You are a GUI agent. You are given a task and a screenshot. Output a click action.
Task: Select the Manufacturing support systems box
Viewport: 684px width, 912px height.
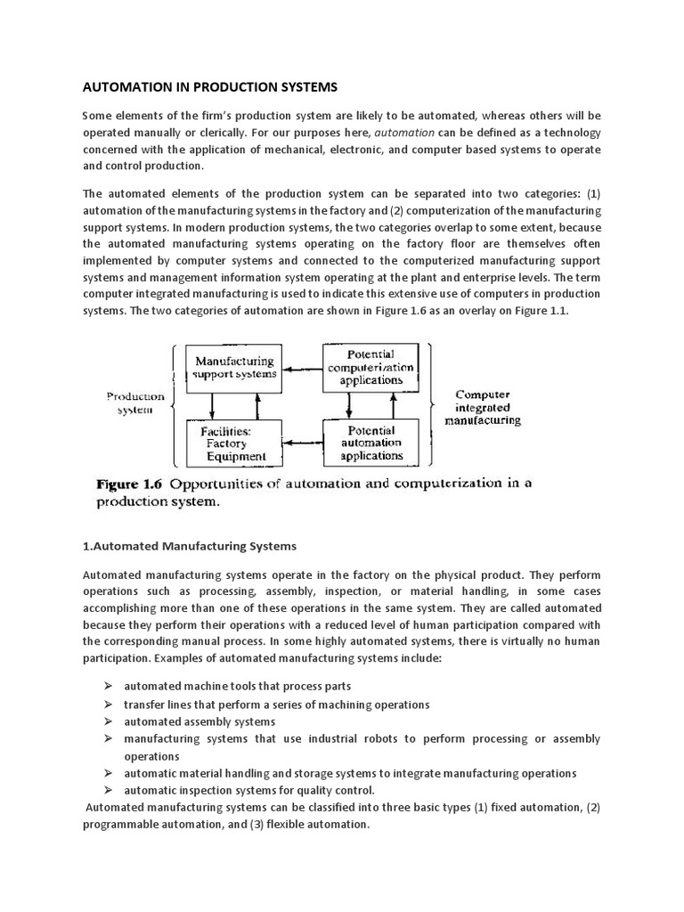tap(235, 367)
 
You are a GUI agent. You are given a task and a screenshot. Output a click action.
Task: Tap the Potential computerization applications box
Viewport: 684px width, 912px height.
tap(370, 367)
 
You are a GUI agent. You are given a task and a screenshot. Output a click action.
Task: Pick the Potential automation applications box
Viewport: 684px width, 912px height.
tap(370, 443)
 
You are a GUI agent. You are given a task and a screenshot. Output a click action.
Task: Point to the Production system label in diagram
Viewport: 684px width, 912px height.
tap(135, 403)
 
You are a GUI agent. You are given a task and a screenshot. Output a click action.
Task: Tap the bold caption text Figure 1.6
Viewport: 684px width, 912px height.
tap(128, 484)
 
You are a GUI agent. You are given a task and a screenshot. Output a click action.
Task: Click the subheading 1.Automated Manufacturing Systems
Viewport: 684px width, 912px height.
tap(190, 545)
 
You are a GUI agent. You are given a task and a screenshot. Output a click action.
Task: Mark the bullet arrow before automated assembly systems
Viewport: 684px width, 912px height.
tap(107, 721)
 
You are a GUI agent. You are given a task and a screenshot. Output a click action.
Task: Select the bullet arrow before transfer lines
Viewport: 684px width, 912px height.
tap(107, 704)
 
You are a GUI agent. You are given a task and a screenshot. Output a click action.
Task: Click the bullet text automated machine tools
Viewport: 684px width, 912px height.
tap(237, 687)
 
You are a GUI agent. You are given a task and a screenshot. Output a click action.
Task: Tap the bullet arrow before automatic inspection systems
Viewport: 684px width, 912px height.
tap(107, 790)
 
